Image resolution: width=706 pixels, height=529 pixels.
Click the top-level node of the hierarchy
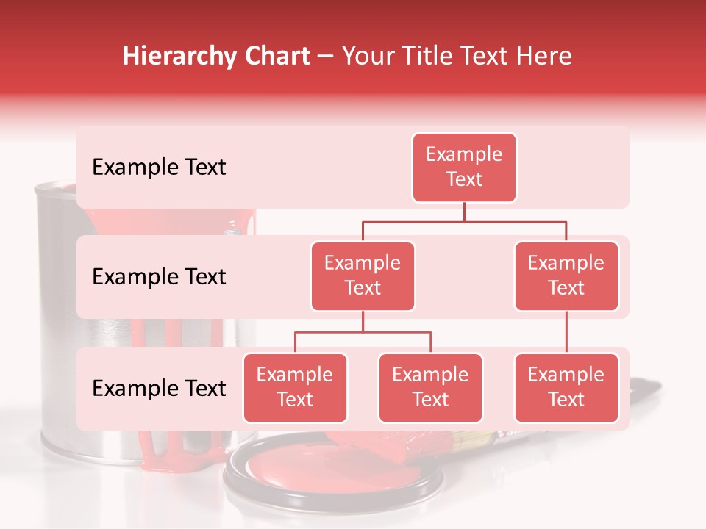(464, 168)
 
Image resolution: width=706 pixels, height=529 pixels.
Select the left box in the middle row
(363, 276)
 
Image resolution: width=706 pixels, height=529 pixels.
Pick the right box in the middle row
(566, 276)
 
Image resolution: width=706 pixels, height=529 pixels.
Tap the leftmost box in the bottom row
(295, 387)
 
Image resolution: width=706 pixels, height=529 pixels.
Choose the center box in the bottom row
(430, 387)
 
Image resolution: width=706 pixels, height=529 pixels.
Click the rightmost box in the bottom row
(566, 387)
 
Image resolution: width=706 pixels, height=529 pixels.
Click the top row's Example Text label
(159, 168)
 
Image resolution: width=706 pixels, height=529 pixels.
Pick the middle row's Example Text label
(159, 277)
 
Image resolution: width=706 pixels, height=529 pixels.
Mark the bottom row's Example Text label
(159, 389)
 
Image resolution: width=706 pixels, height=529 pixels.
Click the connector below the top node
(464, 212)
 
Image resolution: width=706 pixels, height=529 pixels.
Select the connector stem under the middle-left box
(363, 322)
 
